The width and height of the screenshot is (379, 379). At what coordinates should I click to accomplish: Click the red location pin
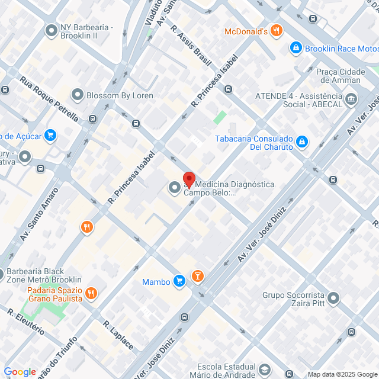pyautogui.click(x=189, y=179)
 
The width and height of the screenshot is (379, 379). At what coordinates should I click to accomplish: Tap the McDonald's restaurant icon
pyautogui.click(x=276, y=31)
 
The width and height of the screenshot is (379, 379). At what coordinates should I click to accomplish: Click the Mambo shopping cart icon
pyautogui.click(x=179, y=281)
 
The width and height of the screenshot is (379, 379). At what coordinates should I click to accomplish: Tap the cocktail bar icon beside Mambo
pyautogui.click(x=198, y=276)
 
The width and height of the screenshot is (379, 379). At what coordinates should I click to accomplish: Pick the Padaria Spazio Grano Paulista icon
pyautogui.click(x=91, y=293)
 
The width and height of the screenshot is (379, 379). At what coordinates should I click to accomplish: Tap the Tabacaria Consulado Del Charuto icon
pyautogui.click(x=302, y=142)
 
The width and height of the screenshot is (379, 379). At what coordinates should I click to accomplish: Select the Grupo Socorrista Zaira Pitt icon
pyautogui.click(x=334, y=298)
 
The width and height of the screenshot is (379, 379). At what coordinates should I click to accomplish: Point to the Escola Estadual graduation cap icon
pyautogui.click(x=264, y=371)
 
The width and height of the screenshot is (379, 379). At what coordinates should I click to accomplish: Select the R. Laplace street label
pyautogui.click(x=119, y=335)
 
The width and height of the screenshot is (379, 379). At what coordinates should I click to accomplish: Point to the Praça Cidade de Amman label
pyautogui.click(x=338, y=76)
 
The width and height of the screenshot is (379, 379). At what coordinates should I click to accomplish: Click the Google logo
pyautogui.click(x=20, y=372)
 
